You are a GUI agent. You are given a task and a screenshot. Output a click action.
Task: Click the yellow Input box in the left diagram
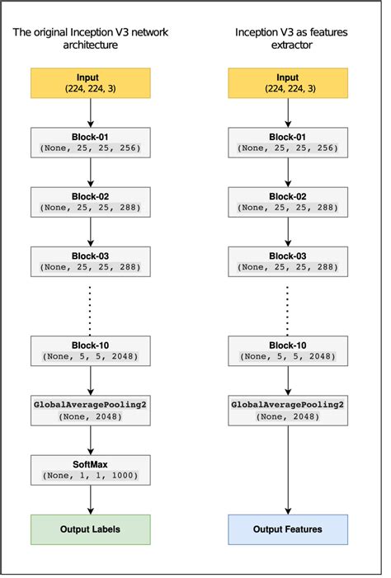(91, 83)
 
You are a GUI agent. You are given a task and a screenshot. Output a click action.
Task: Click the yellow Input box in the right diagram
(288, 83)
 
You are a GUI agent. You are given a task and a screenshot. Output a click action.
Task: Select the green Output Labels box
(91, 529)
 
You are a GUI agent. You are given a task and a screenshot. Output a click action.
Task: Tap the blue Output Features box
(288, 529)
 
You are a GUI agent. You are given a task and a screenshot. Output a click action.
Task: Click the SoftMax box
(91, 469)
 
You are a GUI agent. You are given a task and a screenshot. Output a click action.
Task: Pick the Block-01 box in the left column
(91, 142)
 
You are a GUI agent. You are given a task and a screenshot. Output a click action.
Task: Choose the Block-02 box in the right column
(288, 201)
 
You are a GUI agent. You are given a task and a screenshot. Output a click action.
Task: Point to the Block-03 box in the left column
(91, 261)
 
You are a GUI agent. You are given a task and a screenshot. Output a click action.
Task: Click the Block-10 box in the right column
(288, 350)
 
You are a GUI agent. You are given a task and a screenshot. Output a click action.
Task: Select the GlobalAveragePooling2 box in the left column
(91, 410)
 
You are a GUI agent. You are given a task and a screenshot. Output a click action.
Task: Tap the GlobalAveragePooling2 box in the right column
(288, 410)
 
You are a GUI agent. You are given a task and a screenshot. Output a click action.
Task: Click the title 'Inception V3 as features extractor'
(288, 39)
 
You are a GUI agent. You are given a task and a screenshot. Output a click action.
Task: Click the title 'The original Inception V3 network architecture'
(91, 39)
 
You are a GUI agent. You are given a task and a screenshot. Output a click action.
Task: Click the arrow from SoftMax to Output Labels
(91, 499)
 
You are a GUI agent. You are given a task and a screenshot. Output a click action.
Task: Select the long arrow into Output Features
(288, 470)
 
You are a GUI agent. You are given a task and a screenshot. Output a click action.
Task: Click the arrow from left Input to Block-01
(91, 112)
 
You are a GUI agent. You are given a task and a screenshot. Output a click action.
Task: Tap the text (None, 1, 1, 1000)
(91, 476)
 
